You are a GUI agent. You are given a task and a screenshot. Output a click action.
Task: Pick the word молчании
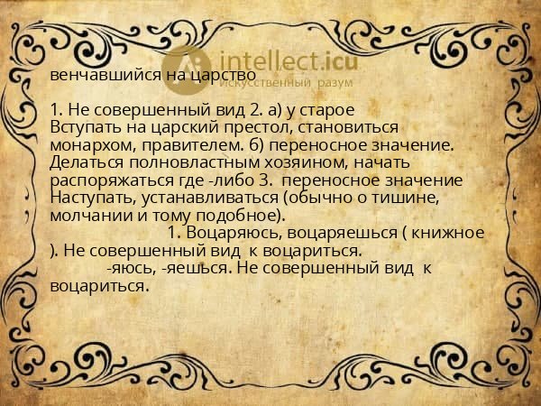tap(91, 215)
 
